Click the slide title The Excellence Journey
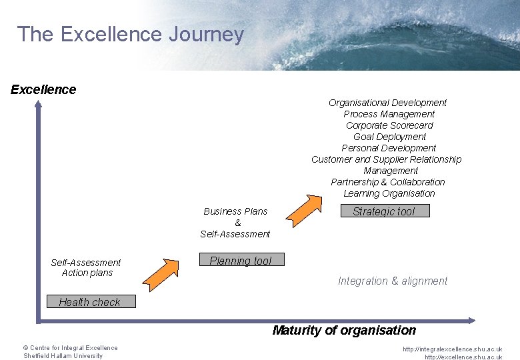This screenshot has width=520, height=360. (131, 34)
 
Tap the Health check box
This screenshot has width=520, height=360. (91, 302)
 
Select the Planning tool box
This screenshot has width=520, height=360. (241, 261)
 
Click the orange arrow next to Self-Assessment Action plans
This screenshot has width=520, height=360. (162, 273)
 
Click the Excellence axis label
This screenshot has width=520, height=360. (43, 89)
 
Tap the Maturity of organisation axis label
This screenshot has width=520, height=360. (344, 330)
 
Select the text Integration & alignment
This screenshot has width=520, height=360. (393, 281)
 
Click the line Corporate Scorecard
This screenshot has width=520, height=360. (389, 125)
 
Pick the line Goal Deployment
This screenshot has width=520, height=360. (389, 137)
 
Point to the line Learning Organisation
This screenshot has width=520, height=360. (389, 193)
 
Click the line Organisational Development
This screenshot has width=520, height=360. (387, 103)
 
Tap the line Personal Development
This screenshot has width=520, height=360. (389, 148)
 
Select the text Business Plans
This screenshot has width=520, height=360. (235, 211)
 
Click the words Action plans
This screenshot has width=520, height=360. (87, 273)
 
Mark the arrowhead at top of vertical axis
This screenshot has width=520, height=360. (38, 105)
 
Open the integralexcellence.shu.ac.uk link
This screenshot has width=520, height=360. (452, 349)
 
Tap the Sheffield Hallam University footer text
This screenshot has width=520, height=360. (63, 356)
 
